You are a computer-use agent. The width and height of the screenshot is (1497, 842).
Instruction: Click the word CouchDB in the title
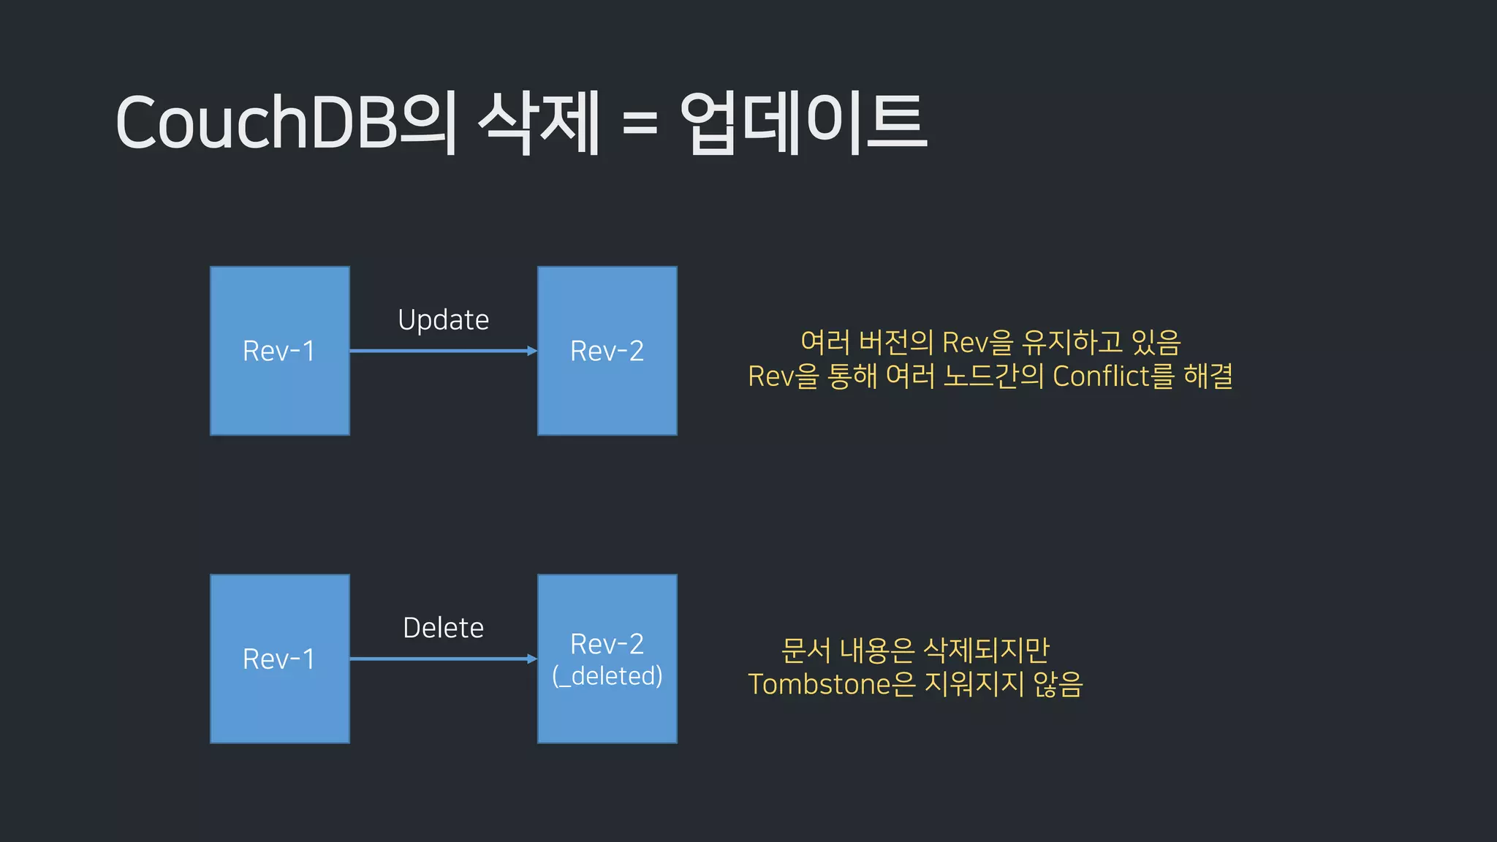pyautogui.click(x=256, y=122)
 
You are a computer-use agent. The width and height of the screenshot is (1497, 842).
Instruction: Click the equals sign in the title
pyautogui.click(x=640, y=122)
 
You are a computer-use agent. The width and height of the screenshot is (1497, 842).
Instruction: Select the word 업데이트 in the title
pyautogui.click(x=803, y=122)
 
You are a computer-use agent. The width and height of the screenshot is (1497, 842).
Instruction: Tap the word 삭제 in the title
pyautogui.click(x=539, y=122)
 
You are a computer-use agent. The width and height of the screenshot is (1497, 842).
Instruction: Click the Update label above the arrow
pyautogui.click(x=443, y=320)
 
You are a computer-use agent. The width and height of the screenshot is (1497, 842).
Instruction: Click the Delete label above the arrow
pyautogui.click(x=443, y=628)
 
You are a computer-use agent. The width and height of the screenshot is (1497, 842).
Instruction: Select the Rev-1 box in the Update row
pyautogui.click(x=279, y=351)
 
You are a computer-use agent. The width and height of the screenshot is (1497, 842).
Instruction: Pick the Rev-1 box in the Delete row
pyautogui.click(x=279, y=659)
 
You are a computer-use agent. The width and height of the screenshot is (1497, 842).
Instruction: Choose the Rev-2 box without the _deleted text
pyautogui.click(x=607, y=351)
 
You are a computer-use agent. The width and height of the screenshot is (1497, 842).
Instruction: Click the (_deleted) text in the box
pyautogui.click(x=607, y=676)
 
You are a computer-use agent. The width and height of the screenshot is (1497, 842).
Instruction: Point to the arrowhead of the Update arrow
pyautogui.click(x=532, y=351)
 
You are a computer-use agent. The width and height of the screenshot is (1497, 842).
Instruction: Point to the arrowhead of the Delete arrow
pyautogui.click(x=532, y=659)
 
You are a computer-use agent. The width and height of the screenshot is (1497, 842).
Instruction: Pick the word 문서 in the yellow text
pyautogui.click(x=806, y=650)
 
